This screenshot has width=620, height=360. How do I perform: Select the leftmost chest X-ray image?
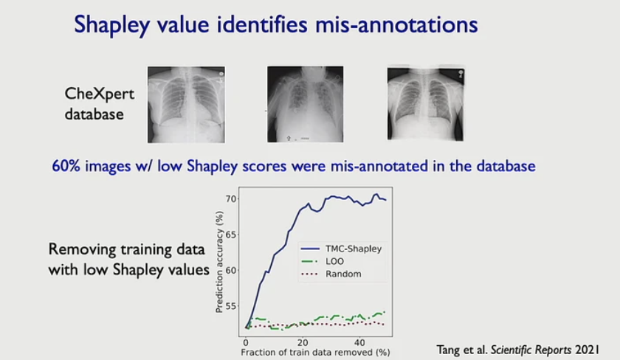(x=187, y=104)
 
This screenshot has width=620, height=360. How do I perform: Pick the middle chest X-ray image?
(x=306, y=104)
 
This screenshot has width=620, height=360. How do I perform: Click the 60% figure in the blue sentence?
(x=67, y=166)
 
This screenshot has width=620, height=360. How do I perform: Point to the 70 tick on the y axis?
(x=231, y=199)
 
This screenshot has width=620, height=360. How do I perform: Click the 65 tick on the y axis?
(x=231, y=235)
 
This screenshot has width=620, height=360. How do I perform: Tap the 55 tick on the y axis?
(x=231, y=305)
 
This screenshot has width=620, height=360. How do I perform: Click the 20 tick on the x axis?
(x=302, y=342)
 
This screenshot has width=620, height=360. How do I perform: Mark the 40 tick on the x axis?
(x=359, y=342)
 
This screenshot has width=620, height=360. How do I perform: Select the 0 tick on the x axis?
(x=245, y=342)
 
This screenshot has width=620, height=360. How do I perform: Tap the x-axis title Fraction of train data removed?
(x=314, y=353)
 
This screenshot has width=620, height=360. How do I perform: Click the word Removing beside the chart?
(x=82, y=249)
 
